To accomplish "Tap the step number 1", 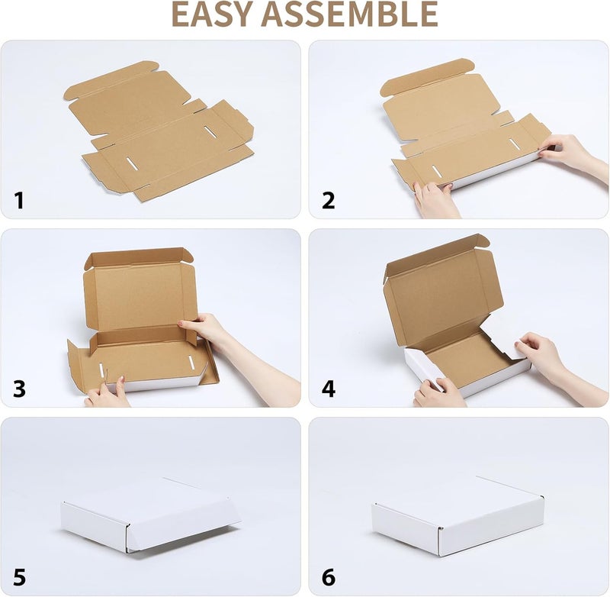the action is (19, 201).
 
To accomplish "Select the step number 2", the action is (329, 201).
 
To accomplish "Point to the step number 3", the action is (20, 389).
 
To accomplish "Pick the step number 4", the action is (329, 389).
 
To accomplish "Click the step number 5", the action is (20, 577).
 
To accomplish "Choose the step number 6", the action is (329, 577).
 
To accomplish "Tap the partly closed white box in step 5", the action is (151, 514).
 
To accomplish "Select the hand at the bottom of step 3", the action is (107, 393).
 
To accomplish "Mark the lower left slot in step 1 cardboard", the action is (132, 164).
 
